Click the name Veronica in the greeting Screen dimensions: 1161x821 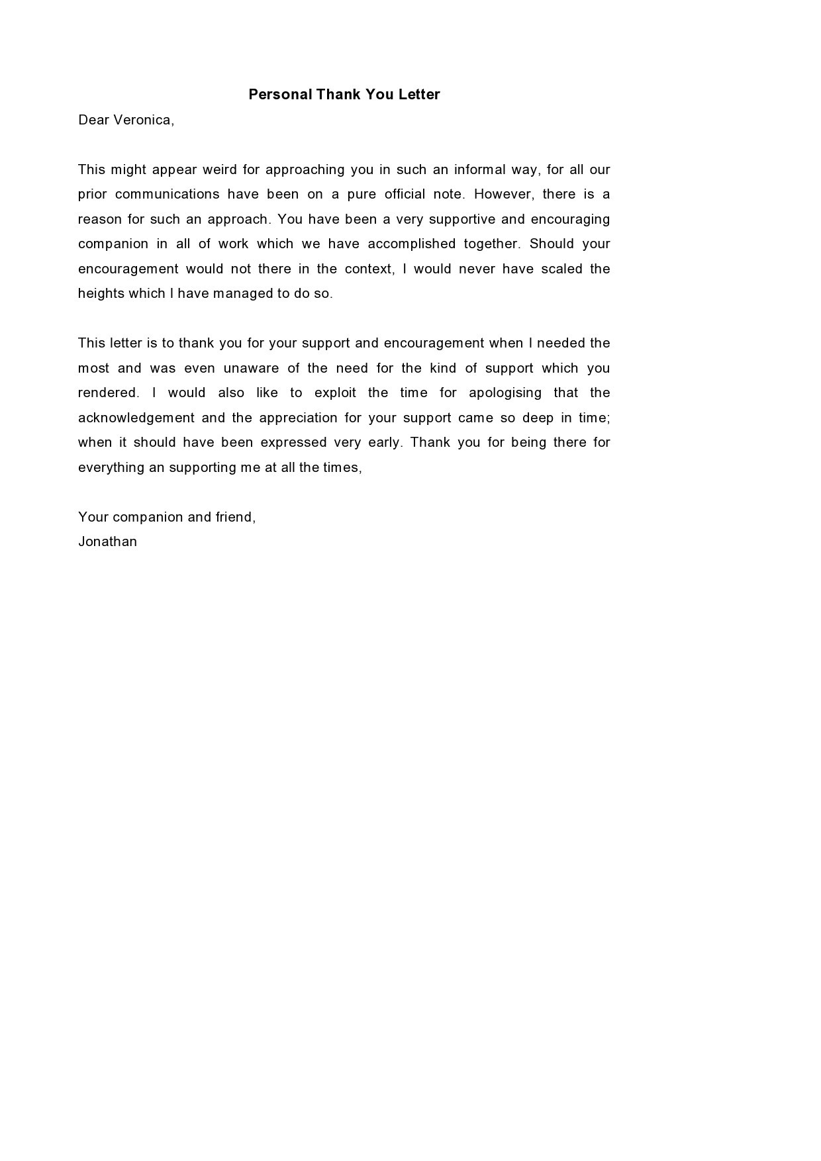click(x=142, y=120)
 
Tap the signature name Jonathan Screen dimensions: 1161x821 click(x=108, y=541)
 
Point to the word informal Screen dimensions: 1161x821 click(x=477, y=169)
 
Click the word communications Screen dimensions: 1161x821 click(x=168, y=194)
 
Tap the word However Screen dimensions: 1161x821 click(x=504, y=194)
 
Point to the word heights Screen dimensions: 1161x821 click(x=101, y=293)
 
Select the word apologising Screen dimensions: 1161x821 click(x=505, y=393)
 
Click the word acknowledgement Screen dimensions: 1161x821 click(x=136, y=418)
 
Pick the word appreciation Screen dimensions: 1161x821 click(x=297, y=418)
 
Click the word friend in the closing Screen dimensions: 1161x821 click(x=234, y=517)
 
